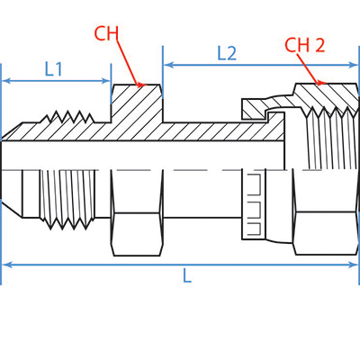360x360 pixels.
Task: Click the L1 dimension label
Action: point(54,68)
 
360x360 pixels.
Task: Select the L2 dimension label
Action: point(227,53)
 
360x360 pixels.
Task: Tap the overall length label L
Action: point(187,277)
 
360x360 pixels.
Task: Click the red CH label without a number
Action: point(106,35)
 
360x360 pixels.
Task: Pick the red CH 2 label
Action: point(305,44)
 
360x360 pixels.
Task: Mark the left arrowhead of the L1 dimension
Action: point(5,81)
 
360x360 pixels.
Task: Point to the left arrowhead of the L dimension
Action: point(5,265)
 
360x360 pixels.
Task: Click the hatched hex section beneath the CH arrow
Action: point(137,103)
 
